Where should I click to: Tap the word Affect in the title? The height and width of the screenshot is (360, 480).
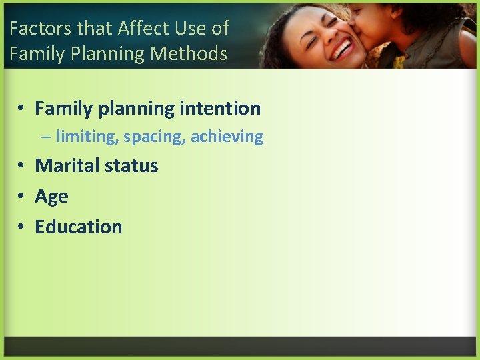point(138,28)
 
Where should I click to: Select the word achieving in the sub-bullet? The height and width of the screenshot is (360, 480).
point(227,137)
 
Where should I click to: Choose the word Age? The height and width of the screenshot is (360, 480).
point(51,197)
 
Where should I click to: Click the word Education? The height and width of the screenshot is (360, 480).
point(79,227)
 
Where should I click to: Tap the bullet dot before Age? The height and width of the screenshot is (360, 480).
point(22,197)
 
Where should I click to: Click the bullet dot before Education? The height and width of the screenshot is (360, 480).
point(22,227)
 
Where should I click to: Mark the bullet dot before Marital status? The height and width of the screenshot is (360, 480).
point(22,166)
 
